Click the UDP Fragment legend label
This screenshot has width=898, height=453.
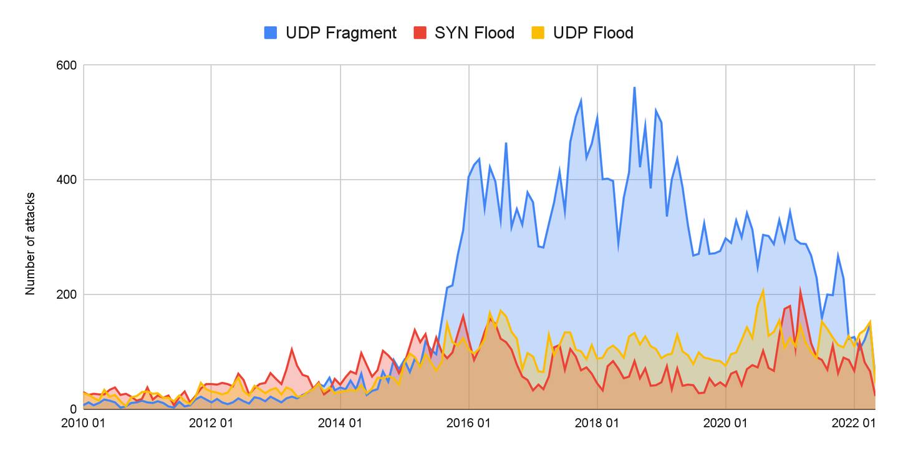pos(340,33)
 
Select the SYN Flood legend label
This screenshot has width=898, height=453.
pos(474,33)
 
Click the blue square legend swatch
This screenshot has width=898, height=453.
pos(271,33)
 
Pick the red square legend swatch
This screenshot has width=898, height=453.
pos(420,33)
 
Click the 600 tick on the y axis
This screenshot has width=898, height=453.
pos(67,65)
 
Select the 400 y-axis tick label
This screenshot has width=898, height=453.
pos(67,180)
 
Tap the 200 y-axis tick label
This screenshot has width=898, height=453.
pos(67,295)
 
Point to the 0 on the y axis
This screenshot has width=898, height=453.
pos(73,409)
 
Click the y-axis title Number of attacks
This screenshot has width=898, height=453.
pos(30,243)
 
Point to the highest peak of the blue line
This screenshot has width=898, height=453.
pos(634,87)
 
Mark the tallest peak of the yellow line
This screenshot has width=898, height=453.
pos(763,290)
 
